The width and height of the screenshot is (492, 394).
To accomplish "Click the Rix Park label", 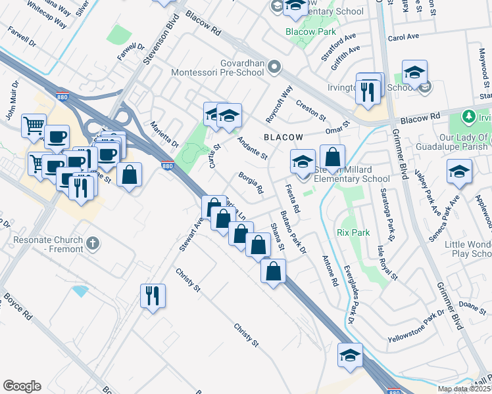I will (353, 232).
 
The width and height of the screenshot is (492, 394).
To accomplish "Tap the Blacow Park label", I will (310, 32).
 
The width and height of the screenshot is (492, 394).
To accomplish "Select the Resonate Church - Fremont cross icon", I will (93, 244).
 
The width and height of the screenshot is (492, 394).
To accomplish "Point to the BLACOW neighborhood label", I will (283, 137).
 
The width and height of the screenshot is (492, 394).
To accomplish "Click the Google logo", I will (22, 386).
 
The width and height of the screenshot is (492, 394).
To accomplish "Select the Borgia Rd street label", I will (251, 183).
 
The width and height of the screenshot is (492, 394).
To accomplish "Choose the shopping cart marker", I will (34, 124).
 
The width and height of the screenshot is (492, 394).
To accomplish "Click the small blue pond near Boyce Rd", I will (81, 290).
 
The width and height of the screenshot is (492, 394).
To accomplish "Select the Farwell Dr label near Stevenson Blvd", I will (132, 47).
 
